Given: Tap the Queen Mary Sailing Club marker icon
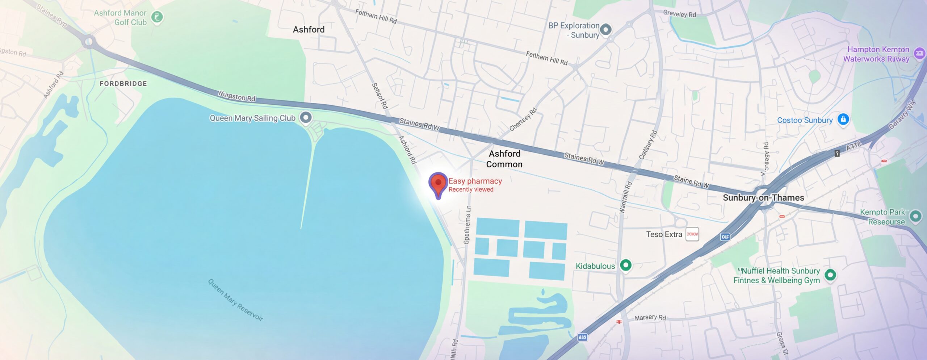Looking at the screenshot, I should (x=306, y=117).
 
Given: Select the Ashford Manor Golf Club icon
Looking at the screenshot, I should (x=157, y=17).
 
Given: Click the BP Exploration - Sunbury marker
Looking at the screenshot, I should (x=606, y=29).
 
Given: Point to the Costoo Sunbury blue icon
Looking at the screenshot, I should (x=843, y=119).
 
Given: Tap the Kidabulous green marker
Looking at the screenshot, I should (x=626, y=265).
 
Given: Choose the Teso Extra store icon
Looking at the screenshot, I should (x=692, y=234).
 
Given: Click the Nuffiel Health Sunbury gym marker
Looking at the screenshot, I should (x=830, y=275).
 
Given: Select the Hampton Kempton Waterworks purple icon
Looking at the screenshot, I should (x=919, y=54).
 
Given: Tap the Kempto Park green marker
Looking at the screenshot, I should (x=916, y=217).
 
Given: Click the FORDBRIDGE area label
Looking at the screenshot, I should (x=123, y=84).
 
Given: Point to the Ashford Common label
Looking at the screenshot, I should (x=504, y=159).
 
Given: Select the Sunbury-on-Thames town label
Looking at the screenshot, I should (x=763, y=198).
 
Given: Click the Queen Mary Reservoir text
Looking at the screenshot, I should (x=235, y=300).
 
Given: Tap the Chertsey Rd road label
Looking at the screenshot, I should (x=523, y=120).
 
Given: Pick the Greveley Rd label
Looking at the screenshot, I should (x=679, y=14).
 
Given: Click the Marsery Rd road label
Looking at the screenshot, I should (x=650, y=318).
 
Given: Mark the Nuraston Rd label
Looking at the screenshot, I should (x=237, y=96).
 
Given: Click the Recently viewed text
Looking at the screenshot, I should (x=471, y=189).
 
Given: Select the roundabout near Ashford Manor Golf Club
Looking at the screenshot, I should (x=88, y=42).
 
